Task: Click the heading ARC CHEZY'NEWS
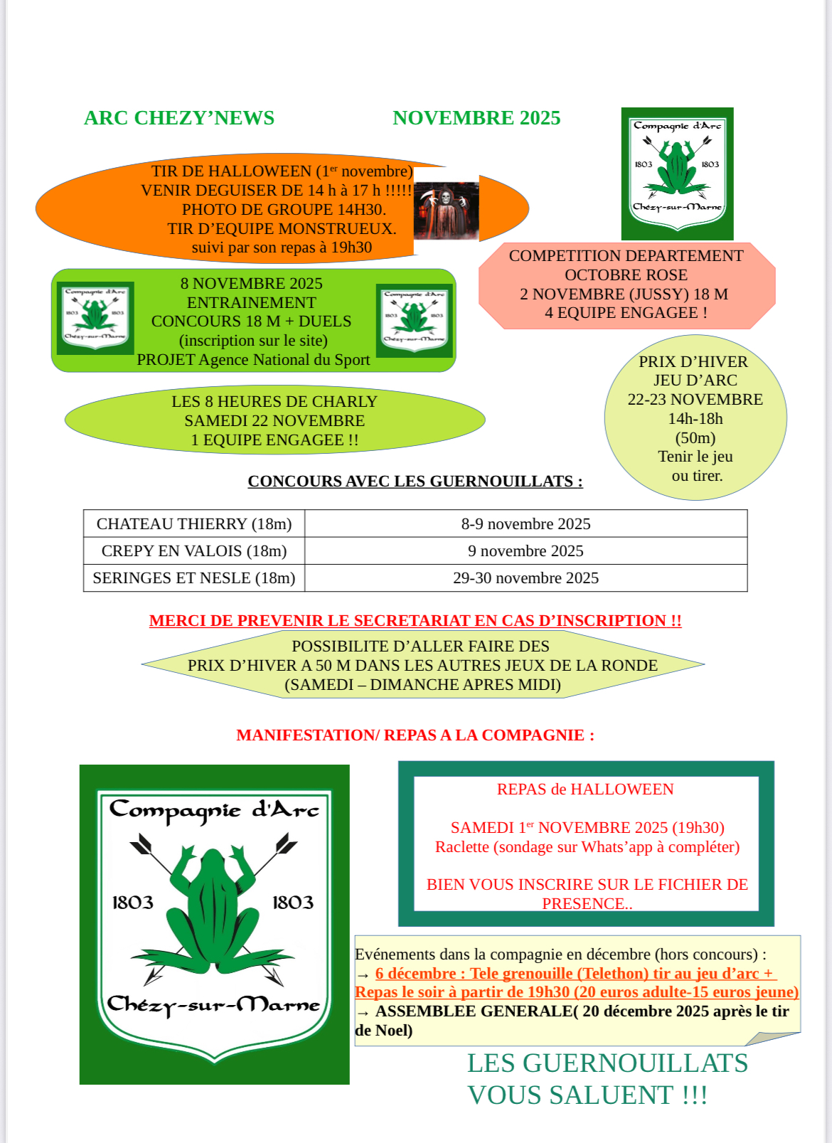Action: coord(179,118)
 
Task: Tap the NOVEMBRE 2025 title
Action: coord(476,118)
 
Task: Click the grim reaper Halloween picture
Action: coord(447,211)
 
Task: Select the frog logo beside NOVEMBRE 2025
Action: coord(677,174)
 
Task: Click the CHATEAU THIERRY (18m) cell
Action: coord(194,524)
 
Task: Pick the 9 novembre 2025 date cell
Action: coord(526,551)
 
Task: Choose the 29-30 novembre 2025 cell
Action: coord(526,578)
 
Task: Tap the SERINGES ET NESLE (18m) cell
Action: coord(194,578)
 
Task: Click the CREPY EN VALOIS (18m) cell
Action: coord(194,551)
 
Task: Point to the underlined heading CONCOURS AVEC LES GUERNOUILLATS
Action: coord(415,482)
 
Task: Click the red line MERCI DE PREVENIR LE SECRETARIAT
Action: coord(415,621)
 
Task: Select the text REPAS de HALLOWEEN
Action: coord(585,790)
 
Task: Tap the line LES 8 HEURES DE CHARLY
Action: coord(274,402)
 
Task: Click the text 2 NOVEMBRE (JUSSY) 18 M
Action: coord(624,294)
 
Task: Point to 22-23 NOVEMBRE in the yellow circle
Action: coord(695,400)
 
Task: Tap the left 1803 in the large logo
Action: coord(133,903)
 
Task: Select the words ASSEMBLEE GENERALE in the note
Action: coord(474,1011)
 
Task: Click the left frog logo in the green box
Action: coord(95,317)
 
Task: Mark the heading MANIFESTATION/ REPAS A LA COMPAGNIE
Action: coord(415,735)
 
